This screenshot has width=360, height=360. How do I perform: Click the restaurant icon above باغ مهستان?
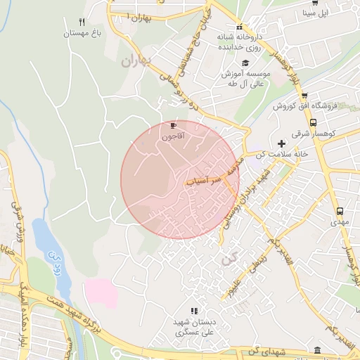82,22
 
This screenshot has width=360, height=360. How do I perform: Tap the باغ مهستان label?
83,32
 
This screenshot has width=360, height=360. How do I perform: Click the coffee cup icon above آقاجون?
173,125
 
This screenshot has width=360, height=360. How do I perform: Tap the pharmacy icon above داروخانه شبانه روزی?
238,27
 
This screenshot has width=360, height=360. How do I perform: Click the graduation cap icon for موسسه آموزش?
245,63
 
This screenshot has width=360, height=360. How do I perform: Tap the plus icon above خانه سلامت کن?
281,143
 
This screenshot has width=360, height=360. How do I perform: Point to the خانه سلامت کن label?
281,155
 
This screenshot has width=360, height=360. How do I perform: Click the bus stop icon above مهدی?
340,210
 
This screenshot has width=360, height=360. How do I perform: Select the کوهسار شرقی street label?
337,133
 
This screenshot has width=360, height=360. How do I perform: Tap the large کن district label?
227,259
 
